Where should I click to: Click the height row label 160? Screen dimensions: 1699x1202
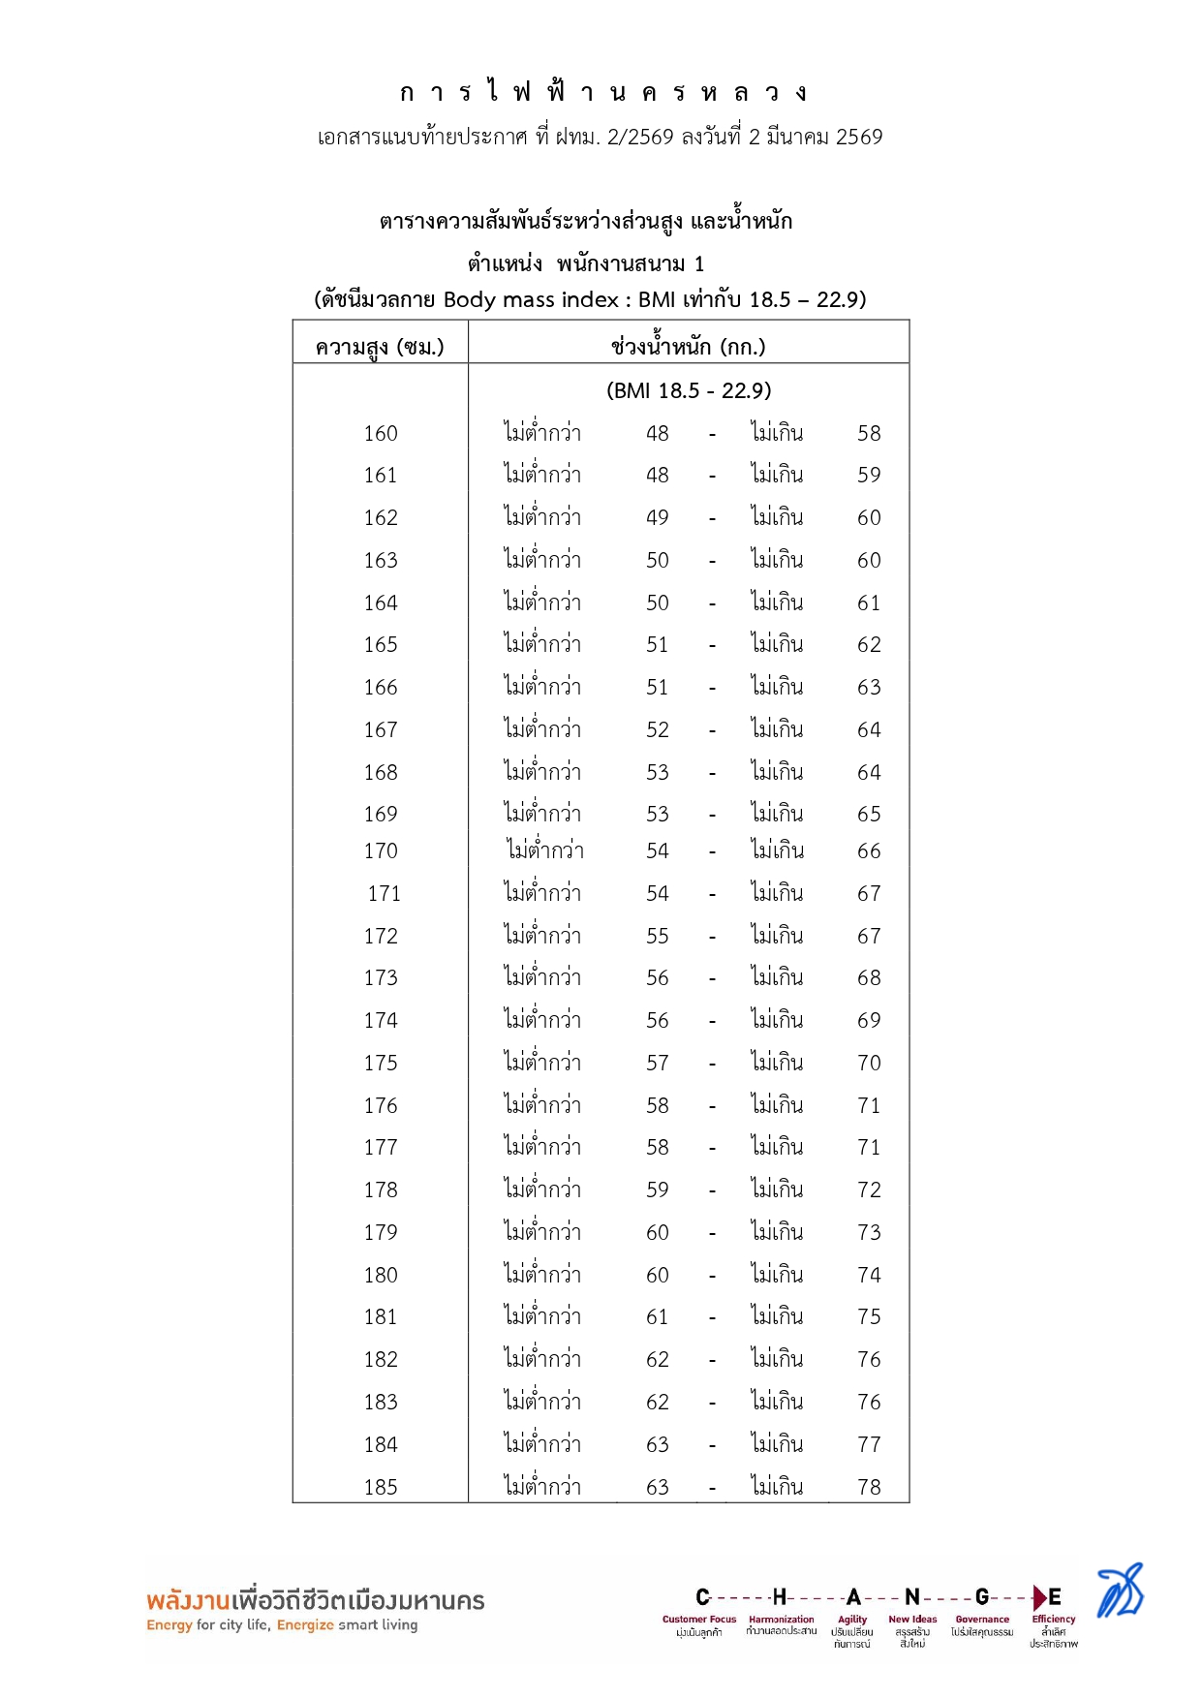381,434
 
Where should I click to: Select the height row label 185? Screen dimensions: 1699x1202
381,1487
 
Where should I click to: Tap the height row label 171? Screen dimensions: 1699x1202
384,894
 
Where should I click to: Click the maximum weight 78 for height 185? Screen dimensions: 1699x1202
869,1487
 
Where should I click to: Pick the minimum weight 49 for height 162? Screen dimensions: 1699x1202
658,518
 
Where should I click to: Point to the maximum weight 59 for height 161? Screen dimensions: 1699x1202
869,476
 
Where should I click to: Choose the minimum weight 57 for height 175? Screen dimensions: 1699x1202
658,1064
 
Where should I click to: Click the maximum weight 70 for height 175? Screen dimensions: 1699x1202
869,1064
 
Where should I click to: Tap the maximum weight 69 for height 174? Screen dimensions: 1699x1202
869,1021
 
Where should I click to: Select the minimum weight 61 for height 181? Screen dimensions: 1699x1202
658,1317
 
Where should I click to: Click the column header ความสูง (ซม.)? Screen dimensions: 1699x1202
380,347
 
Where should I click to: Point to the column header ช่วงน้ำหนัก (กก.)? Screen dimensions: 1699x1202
688,347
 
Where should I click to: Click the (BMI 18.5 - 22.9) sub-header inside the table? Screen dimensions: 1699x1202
689,390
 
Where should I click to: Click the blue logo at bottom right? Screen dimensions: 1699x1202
1120,1591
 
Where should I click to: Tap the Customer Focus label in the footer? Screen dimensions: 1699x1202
698,1619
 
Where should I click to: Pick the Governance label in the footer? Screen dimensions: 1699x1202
982,1619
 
